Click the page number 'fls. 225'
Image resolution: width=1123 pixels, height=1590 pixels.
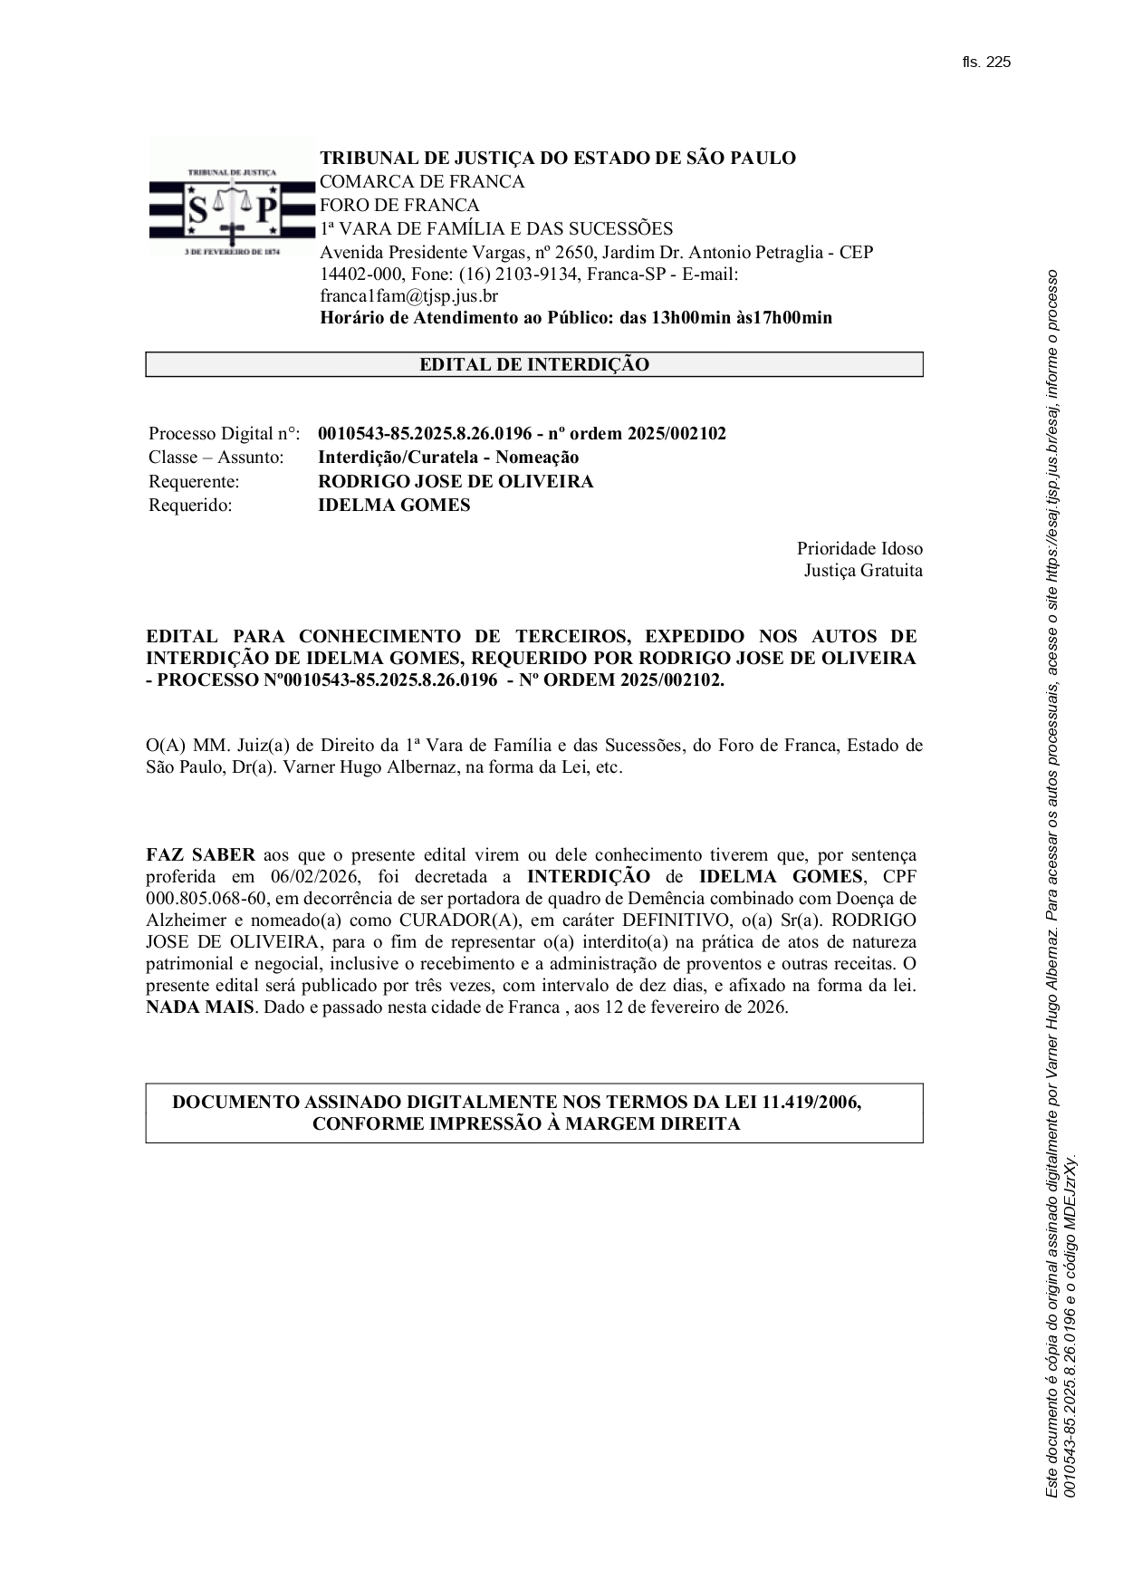pyautogui.click(x=986, y=62)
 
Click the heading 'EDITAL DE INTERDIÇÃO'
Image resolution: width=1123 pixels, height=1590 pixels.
pyautogui.click(x=533, y=365)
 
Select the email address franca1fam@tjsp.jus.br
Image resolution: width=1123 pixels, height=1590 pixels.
pyautogui.click(x=408, y=295)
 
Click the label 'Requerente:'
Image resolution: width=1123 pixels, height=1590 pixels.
pyautogui.click(x=194, y=481)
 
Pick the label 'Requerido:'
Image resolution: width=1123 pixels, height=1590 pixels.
pyautogui.click(x=190, y=506)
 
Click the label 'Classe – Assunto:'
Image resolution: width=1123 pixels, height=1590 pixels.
pyautogui.click(x=216, y=458)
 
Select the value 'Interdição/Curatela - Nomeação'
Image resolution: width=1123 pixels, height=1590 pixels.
pyautogui.click(x=448, y=458)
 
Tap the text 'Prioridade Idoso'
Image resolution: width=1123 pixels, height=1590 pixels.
pyautogui.click(x=859, y=548)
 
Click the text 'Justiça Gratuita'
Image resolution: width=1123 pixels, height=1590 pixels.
pyautogui.click(x=863, y=571)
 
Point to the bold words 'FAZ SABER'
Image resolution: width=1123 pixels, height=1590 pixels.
pyautogui.click(x=201, y=854)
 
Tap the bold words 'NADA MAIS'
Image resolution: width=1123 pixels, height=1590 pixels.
pyautogui.click(x=200, y=1007)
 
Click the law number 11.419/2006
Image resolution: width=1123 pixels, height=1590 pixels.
pyautogui.click(x=811, y=1102)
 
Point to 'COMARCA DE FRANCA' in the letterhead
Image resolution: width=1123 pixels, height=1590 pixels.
pyautogui.click(x=422, y=181)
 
